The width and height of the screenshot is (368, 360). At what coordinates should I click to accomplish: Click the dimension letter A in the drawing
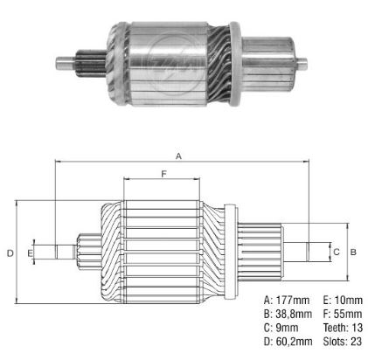tap(178, 156)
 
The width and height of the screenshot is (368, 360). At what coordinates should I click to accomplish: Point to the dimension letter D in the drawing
tap(9, 253)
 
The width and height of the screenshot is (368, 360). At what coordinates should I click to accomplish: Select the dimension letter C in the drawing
tap(336, 251)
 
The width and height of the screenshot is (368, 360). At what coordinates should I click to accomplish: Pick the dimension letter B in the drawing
tap(353, 251)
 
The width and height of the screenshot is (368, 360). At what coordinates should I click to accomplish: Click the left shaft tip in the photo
tap(64, 62)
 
